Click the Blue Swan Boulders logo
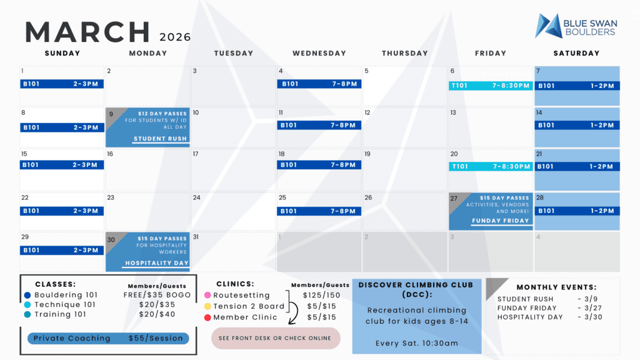[x=576, y=26]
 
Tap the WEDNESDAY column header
[x=319, y=54]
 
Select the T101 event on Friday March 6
[x=491, y=86]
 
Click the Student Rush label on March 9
[x=160, y=139]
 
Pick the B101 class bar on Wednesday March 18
[x=319, y=165]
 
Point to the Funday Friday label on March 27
[x=500, y=221]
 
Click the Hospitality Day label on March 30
[x=157, y=263]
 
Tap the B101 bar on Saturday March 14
[x=577, y=125]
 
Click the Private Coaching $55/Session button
[x=108, y=338]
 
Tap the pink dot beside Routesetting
[x=207, y=295]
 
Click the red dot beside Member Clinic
[x=207, y=317]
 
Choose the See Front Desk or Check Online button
[x=276, y=338]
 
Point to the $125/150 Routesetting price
[x=321, y=295]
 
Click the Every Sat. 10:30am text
[x=417, y=343]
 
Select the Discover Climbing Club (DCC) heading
[x=417, y=290]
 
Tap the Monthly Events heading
[x=556, y=287]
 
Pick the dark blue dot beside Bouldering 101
[x=27, y=295]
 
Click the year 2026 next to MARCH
[x=175, y=37]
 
